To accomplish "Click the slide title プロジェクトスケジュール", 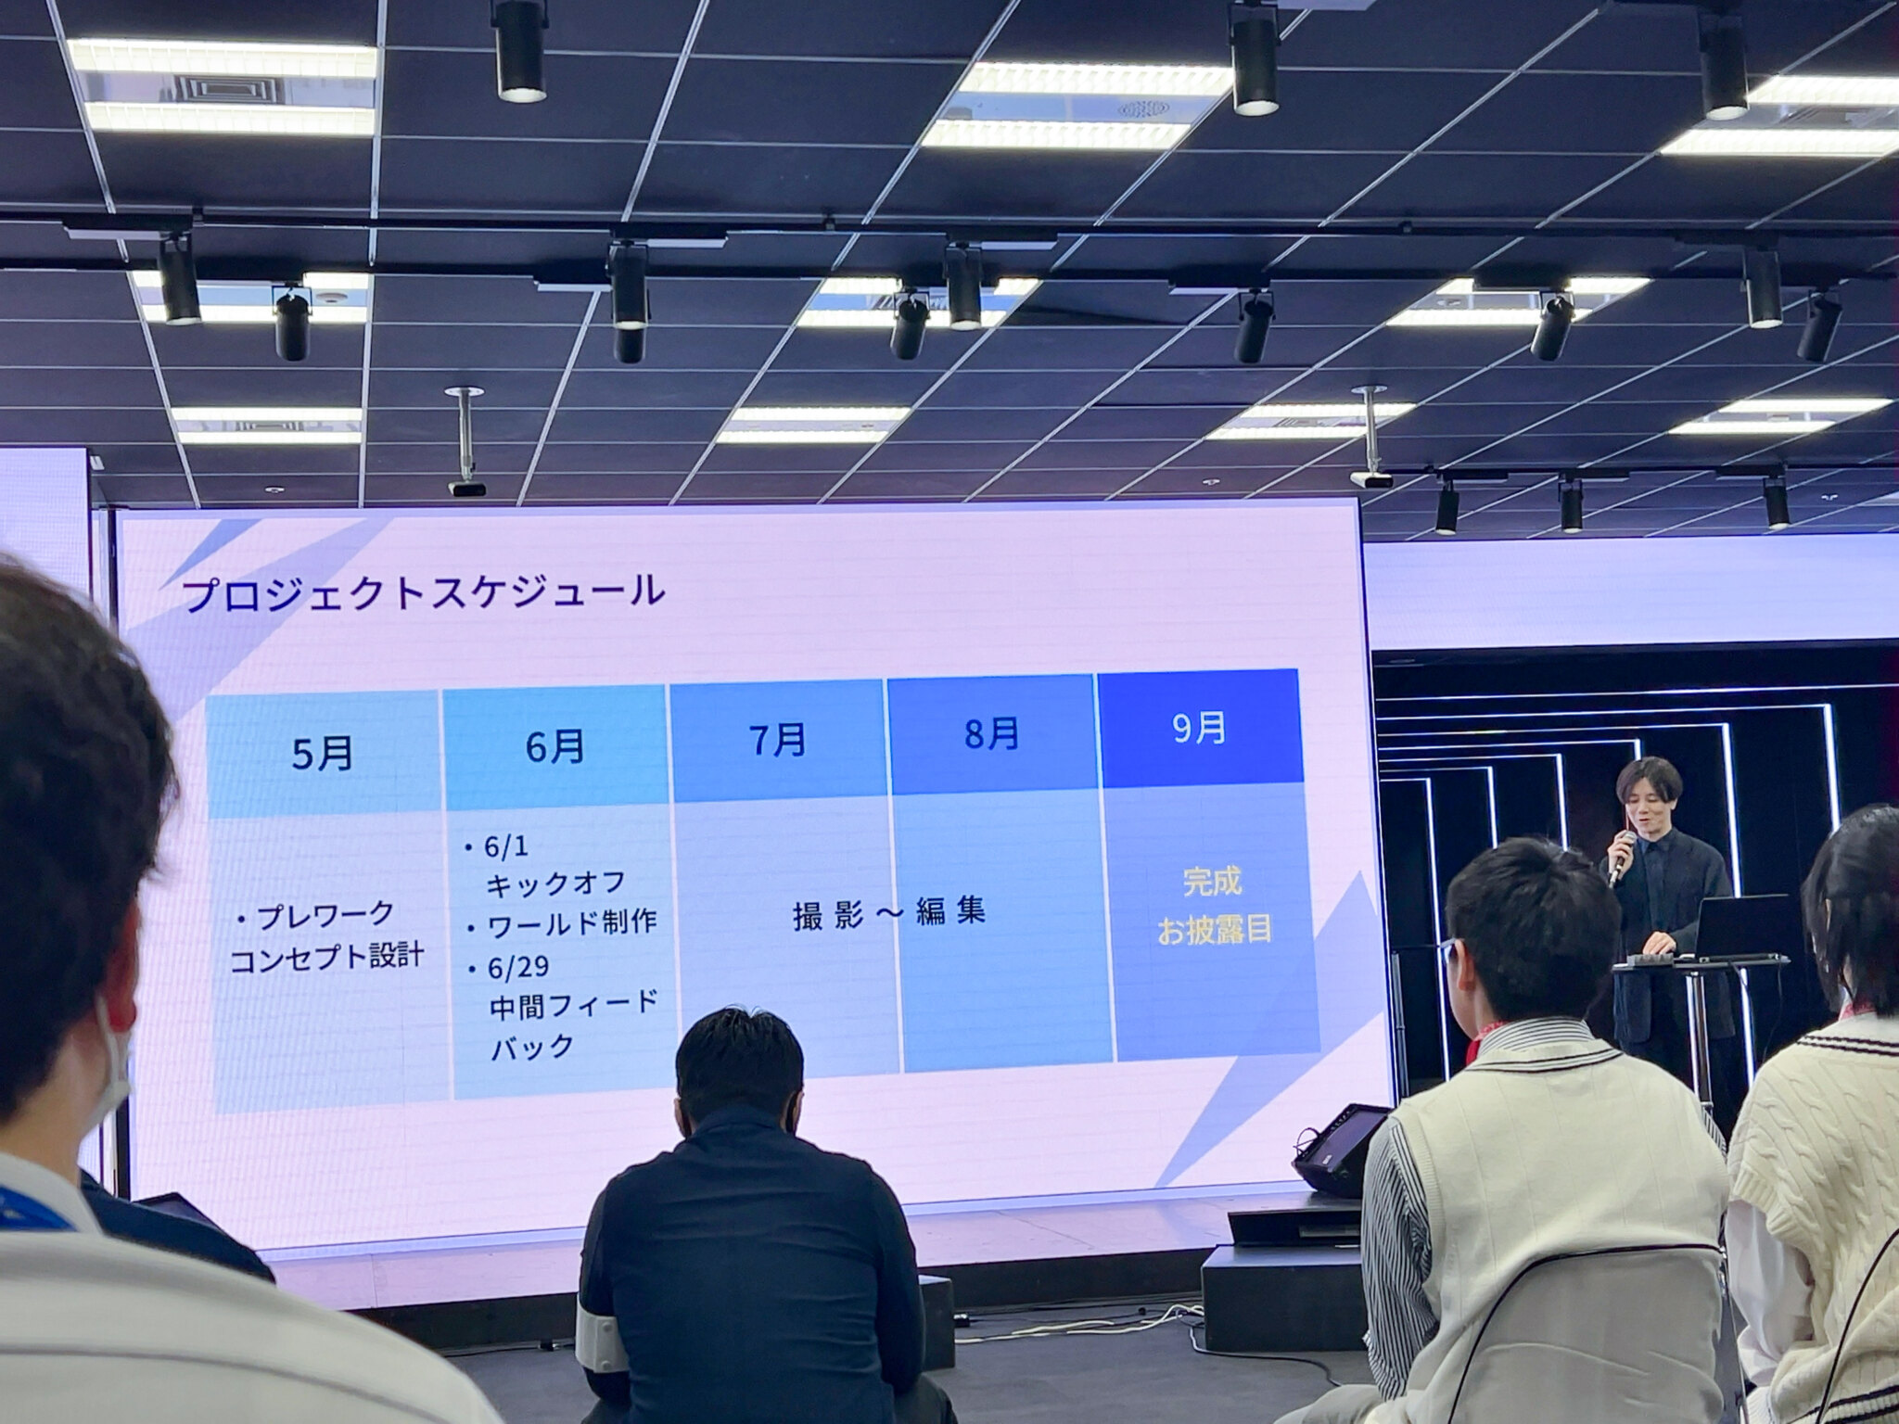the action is click(x=424, y=592).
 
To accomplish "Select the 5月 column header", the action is click(x=324, y=753).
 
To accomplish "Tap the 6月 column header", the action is click(x=555, y=745).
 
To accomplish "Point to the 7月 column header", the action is click(x=778, y=740).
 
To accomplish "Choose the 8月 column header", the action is click(x=991, y=734).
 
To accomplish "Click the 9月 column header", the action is click(x=1200, y=729).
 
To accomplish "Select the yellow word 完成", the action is click(x=1211, y=882).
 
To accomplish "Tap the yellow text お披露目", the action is click(x=1214, y=930).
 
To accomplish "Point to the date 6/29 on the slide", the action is click(x=518, y=967).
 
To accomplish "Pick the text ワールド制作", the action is click(x=571, y=923).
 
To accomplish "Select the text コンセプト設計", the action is click(x=326, y=956).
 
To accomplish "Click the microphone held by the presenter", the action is click(x=1621, y=858).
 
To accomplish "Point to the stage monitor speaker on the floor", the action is click(x=1343, y=1150).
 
